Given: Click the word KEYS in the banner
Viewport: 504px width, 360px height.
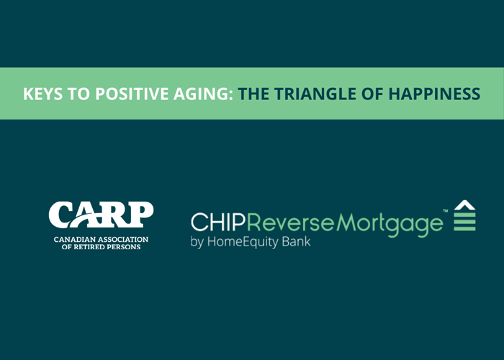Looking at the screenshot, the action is pos(42,94).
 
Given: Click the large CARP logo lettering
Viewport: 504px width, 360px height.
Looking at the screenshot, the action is pos(101,215).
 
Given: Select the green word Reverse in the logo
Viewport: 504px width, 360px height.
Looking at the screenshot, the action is pos(291,222).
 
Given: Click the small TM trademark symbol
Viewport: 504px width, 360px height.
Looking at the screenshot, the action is pos(446,211).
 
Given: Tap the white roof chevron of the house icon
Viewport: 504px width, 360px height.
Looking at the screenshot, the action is pos(464,204).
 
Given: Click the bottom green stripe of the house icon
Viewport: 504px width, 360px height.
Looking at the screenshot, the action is pos(464,228).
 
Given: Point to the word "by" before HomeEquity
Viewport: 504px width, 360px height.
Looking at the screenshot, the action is pos(197,242).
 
